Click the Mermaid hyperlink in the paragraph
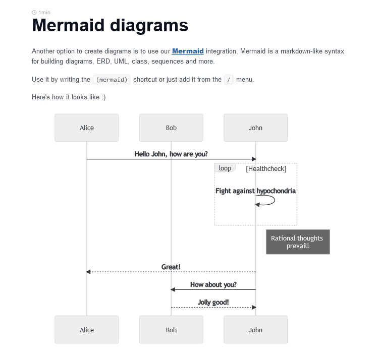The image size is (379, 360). pyautogui.click(x=188, y=51)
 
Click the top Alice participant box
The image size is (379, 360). pyautogui.click(x=87, y=128)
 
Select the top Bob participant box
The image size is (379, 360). pyautogui.click(x=171, y=128)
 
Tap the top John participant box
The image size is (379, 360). pyautogui.click(x=255, y=128)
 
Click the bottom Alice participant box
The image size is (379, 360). pyautogui.click(x=87, y=330)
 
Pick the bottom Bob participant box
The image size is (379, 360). pyautogui.click(x=171, y=330)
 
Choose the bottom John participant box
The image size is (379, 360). pyautogui.click(x=255, y=330)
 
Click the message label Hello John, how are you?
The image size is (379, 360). pyautogui.click(x=171, y=154)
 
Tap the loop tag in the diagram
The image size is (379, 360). pyautogui.click(x=225, y=168)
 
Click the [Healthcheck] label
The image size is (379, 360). pyautogui.click(x=266, y=169)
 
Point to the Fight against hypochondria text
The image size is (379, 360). pyautogui.click(x=255, y=191)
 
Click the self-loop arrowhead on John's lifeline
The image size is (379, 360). pyautogui.click(x=257, y=204)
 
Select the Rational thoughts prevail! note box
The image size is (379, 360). pyautogui.click(x=298, y=242)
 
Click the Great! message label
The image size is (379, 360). pyautogui.click(x=171, y=267)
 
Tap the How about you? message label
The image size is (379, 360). pyautogui.click(x=213, y=284)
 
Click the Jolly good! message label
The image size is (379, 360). pyautogui.click(x=213, y=302)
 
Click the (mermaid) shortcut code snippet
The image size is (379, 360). pyautogui.click(x=112, y=80)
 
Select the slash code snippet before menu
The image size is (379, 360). pyautogui.click(x=229, y=80)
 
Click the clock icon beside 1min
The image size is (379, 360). pyautogui.click(x=34, y=12)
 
